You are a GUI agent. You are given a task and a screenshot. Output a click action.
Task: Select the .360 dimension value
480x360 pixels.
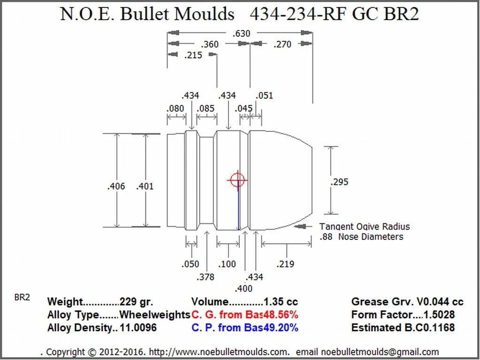point(209,44)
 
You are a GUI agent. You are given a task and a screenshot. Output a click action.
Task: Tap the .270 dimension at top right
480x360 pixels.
point(282,44)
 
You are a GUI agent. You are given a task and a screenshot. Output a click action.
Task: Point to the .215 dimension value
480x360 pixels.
point(193,55)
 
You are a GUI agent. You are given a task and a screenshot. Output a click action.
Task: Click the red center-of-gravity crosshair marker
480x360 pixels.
point(237,179)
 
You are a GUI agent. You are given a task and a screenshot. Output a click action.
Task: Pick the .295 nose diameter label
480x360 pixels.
point(339,182)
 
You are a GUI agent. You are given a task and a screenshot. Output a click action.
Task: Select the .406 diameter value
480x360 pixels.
point(116,186)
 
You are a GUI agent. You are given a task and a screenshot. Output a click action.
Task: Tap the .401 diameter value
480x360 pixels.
point(145,186)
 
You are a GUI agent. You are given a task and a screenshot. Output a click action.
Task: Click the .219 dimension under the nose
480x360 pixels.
point(285,264)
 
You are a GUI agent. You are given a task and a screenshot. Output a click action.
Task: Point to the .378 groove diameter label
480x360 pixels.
point(205,277)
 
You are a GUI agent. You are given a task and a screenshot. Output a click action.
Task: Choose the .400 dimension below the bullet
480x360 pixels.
point(243,288)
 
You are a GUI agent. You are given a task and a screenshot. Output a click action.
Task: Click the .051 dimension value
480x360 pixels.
point(264,96)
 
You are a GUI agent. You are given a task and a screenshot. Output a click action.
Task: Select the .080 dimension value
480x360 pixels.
point(175,109)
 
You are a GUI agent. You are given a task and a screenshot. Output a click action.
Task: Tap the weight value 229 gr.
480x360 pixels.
point(137,302)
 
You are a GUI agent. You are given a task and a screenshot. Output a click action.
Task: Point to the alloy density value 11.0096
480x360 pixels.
point(138,328)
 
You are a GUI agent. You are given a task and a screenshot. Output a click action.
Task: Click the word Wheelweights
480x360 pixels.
point(155,314)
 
